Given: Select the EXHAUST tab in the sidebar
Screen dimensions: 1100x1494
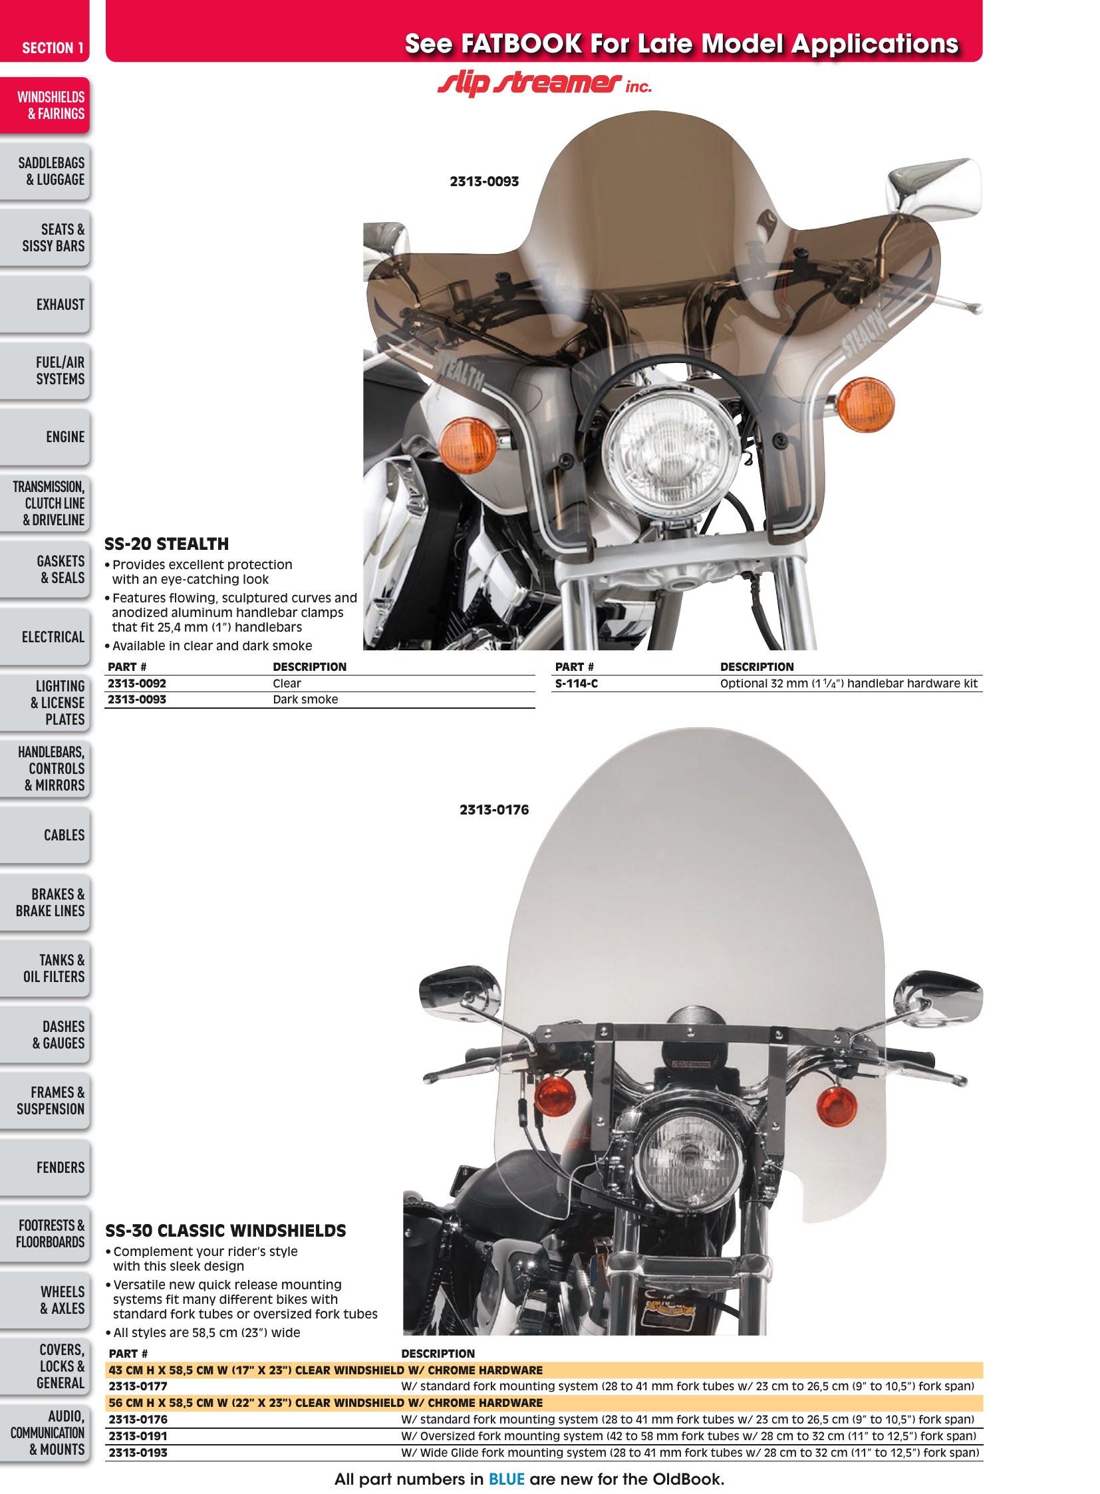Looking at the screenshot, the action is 45,305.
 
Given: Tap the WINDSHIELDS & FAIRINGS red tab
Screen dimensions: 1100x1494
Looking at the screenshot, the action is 45,105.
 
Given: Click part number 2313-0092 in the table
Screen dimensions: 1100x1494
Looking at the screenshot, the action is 137,684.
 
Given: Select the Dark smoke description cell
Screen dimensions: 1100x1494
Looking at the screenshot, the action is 306,699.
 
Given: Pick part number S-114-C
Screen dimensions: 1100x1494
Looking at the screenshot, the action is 577,684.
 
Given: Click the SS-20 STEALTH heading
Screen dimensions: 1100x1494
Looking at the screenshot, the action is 166,544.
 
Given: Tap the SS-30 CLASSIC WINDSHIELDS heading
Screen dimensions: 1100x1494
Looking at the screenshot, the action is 225,1230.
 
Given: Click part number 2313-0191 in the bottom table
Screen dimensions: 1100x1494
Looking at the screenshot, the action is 138,1436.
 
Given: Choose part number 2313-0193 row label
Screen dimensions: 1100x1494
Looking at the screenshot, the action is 138,1453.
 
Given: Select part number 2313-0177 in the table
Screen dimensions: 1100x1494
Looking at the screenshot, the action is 138,1386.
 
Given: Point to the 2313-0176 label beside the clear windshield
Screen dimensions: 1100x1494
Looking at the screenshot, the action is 494,810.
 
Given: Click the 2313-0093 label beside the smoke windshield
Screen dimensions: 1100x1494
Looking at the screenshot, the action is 484,182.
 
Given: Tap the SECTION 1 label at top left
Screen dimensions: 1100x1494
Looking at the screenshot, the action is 53,48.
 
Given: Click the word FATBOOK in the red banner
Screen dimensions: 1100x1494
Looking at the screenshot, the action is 522,44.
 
